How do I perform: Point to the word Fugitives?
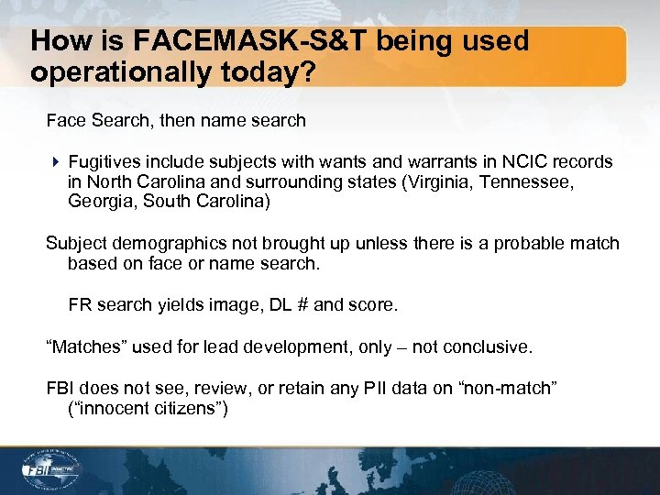[x=103, y=161]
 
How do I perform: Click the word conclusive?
[x=489, y=347]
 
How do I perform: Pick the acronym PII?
[x=371, y=390]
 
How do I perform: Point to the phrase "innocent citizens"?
[x=148, y=409]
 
